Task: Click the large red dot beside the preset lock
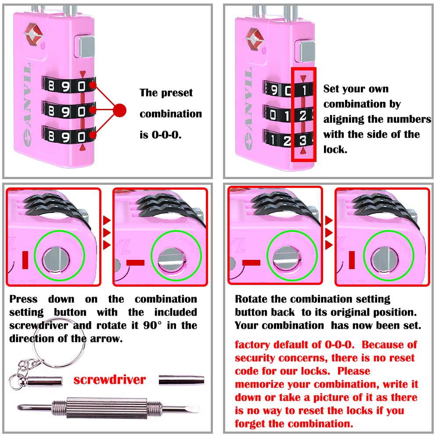(x=119, y=110)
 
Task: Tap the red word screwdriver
(x=109, y=379)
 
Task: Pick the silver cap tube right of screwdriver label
(x=181, y=380)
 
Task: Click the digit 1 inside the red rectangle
(x=303, y=90)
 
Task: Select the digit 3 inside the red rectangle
(x=303, y=140)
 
